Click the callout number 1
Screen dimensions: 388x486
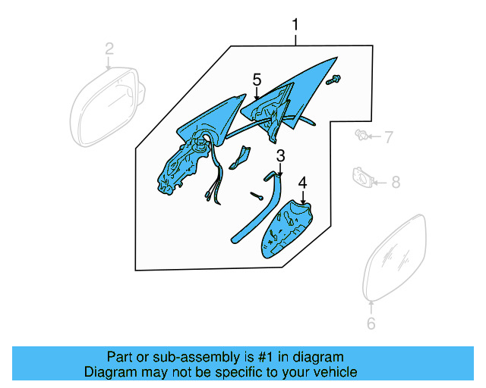[x=295, y=27]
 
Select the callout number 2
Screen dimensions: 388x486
[x=109, y=49]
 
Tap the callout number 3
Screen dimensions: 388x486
[x=280, y=156]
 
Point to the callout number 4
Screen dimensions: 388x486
[x=302, y=183]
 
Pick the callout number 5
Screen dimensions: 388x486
[x=257, y=80]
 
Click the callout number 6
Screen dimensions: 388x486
[x=371, y=324]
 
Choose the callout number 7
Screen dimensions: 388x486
[x=388, y=137]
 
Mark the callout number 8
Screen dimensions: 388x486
[x=394, y=181]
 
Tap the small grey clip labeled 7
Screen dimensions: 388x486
[x=362, y=136]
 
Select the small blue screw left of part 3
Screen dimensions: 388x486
[x=257, y=196]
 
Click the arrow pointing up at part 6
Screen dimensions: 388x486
[x=371, y=307]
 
